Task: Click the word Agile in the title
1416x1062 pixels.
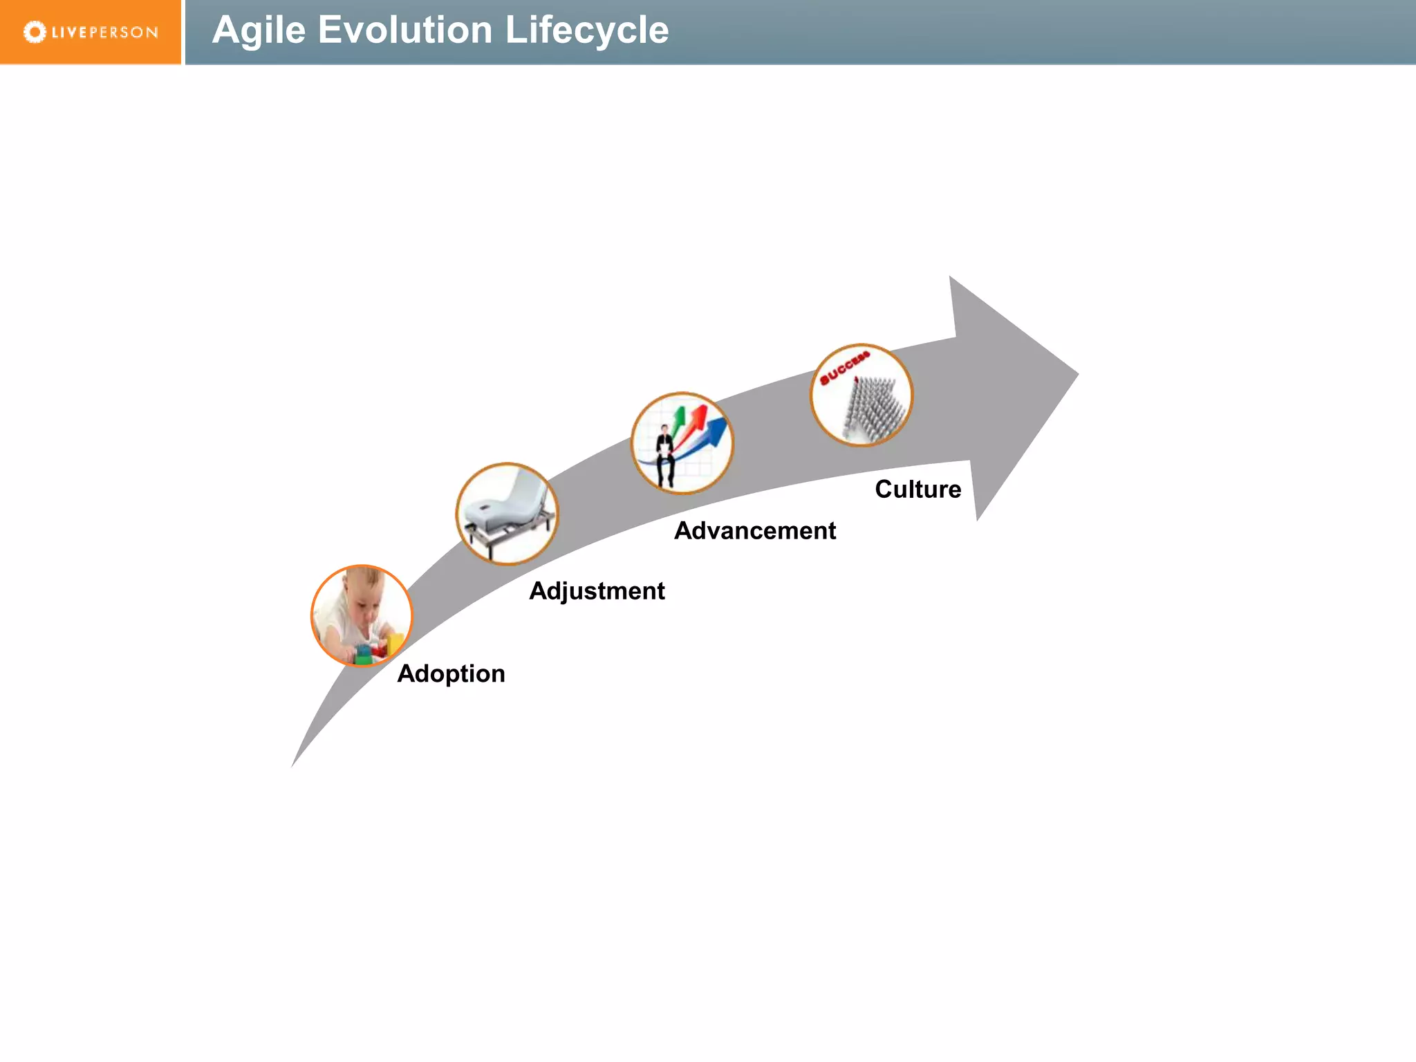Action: [x=259, y=30]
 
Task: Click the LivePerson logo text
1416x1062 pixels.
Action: [x=104, y=32]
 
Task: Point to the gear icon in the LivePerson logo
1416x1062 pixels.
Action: [x=35, y=32]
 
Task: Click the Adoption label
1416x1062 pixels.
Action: [x=451, y=673]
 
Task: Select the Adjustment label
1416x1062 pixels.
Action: [x=597, y=591]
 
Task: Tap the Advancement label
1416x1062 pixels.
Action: [x=755, y=531]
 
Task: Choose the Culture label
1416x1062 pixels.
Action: [x=917, y=490]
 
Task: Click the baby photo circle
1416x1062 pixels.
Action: [x=362, y=615]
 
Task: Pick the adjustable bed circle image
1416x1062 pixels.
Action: [x=507, y=514]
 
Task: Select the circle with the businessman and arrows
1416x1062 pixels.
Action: [x=682, y=443]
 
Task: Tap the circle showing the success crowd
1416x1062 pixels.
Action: [x=861, y=395]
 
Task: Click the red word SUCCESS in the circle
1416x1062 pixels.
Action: [x=844, y=368]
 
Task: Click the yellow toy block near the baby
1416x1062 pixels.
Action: [x=395, y=643]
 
